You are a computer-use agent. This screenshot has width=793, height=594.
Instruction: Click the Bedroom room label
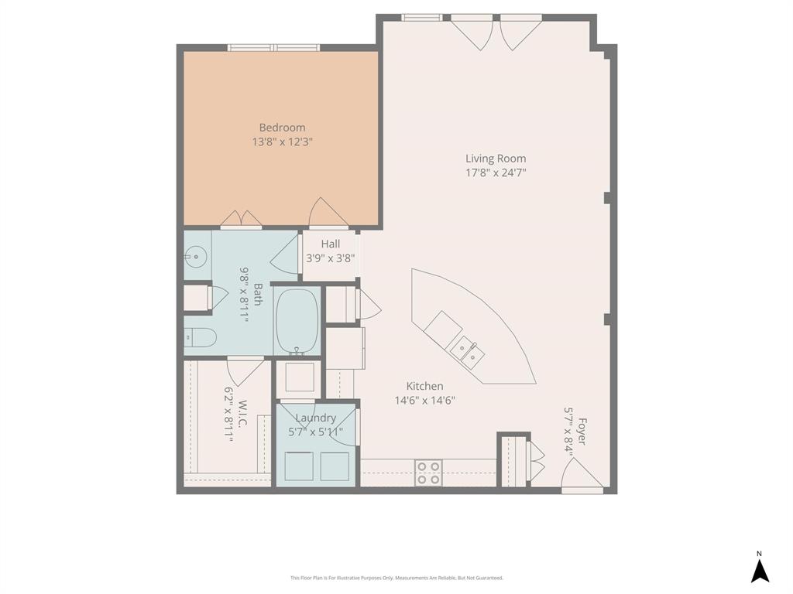click(282, 128)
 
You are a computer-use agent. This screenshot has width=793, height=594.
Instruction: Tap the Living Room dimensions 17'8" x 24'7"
click(496, 173)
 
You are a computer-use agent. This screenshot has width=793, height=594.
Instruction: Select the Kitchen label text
click(424, 386)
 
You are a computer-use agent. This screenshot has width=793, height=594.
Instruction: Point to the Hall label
click(331, 244)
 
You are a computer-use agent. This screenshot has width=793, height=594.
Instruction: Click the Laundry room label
click(315, 418)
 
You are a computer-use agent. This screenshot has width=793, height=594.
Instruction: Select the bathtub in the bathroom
click(297, 322)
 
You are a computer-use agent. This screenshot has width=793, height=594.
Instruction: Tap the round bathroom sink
click(196, 255)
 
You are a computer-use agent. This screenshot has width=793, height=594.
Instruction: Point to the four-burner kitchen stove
click(428, 472)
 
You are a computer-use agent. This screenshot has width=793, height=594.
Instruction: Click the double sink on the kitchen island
click(469, 353)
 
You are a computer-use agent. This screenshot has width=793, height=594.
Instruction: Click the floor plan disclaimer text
click(396, 578)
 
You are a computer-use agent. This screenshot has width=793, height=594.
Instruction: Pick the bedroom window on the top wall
click(273, 48)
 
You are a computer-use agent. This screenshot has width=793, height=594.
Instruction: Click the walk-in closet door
click(245, 370)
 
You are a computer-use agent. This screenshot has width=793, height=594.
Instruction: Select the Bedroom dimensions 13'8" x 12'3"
click(282, 142)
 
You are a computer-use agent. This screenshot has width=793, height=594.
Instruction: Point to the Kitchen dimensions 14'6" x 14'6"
click(424, 401)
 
